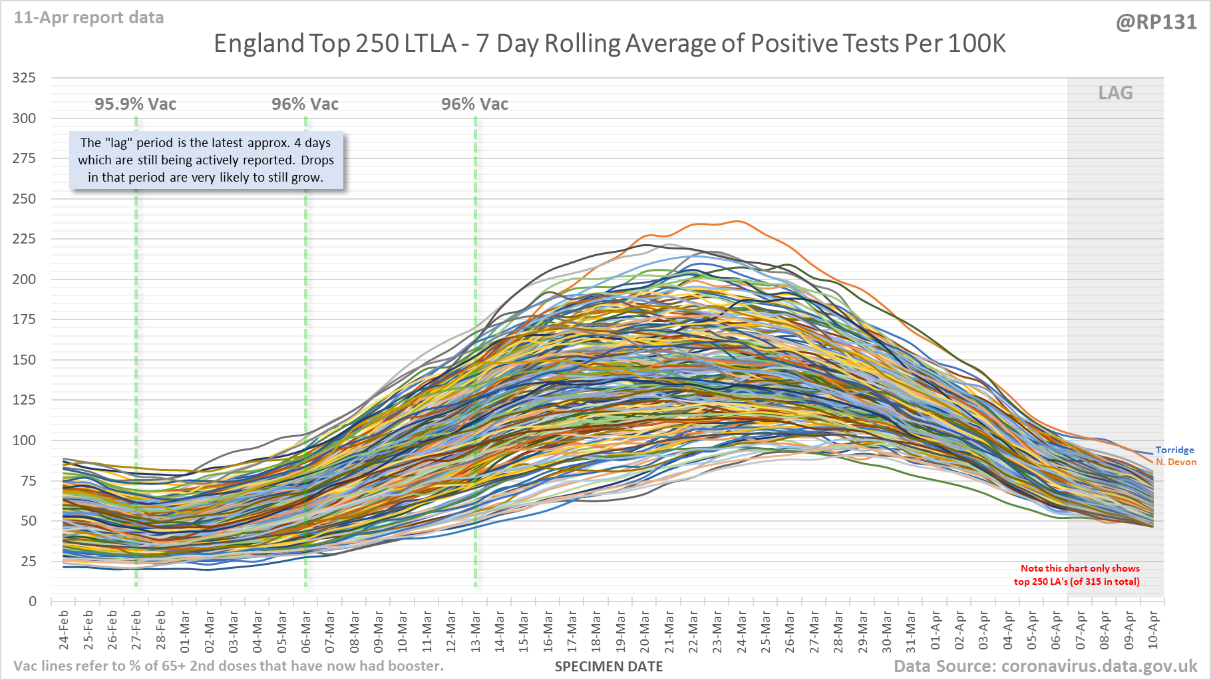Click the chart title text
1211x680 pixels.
pyautogui.click(x=609, y=44)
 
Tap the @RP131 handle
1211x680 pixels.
pyautogui.click(x=1156, y=22)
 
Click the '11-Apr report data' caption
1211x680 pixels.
pyautogui.click(x=88, y=18)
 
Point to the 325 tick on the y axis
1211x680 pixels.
pyautogui.click(x=24, y=78)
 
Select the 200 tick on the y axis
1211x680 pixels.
pyautogui.click(x=24, y=279)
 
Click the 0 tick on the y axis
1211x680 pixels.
pyautogui.click(x=32, y=601)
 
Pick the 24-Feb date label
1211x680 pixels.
pyautogui.click(x=64, y=629)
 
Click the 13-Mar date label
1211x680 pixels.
pyautogui.click(x=476, y=629)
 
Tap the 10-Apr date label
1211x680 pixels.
pyautogui.click(x=1153, y=629)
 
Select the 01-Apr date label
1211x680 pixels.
pyautogui.click(x=936, y=629)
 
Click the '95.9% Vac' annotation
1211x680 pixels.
pyautogui.click(x=135, y=104)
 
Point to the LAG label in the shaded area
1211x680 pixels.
pyautogui.click(x=1115, y=93)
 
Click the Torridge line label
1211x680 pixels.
pyautogui.click(x=1174, y=450)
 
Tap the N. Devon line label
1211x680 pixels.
pyautogui.click(x=1176, y=462)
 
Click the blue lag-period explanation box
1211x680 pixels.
pyautogui.click(x=206, y=160)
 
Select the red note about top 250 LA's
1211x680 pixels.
pyautogui.click(x=1077, y=575)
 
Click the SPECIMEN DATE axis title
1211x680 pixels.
pyautogui.click(x=609, y=667)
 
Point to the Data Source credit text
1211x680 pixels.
pyautogui.click(x=1045, y=667)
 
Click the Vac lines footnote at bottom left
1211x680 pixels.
pyautogui.click(x=228, y=666)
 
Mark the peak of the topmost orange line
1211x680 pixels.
pyautogui.click(x=737, y=221)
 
